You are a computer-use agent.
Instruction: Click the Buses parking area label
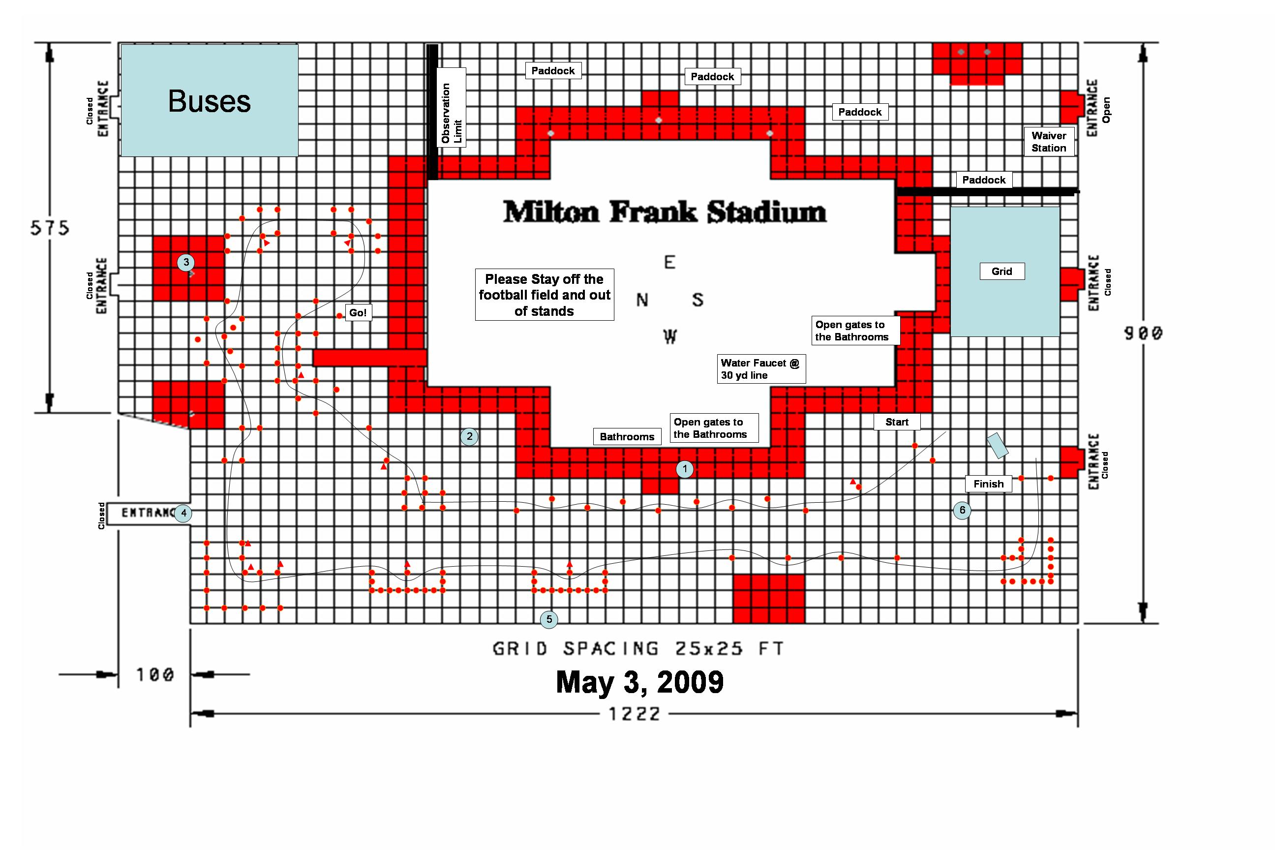click(209, 101)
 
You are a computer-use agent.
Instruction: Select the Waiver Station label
click(1049, 142)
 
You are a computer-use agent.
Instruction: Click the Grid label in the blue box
click(1002, 271)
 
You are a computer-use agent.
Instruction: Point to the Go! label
click(358, 313)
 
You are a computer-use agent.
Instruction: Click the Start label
click(897, 422)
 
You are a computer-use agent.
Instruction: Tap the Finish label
click(988, 484)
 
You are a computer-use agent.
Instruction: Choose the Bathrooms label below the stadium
click(627, 436)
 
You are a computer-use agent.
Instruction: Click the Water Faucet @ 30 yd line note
click(761, 368)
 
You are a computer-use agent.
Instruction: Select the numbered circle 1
click(685, 469)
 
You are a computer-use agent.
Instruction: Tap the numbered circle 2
click(469, 436)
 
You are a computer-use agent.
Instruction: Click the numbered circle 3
click(186, 262)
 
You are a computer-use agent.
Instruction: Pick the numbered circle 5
click(549, 619)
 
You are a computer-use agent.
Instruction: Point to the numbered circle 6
click(962, 510)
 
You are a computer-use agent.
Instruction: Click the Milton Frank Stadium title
click(665, 212)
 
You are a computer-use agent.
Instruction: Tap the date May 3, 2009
click(639, 682)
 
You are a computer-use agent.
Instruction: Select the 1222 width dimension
click(634, 714)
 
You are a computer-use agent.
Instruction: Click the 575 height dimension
click(50, 228)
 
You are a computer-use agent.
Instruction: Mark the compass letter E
click(670, 262)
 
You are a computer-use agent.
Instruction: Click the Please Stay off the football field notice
click(544, 295)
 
